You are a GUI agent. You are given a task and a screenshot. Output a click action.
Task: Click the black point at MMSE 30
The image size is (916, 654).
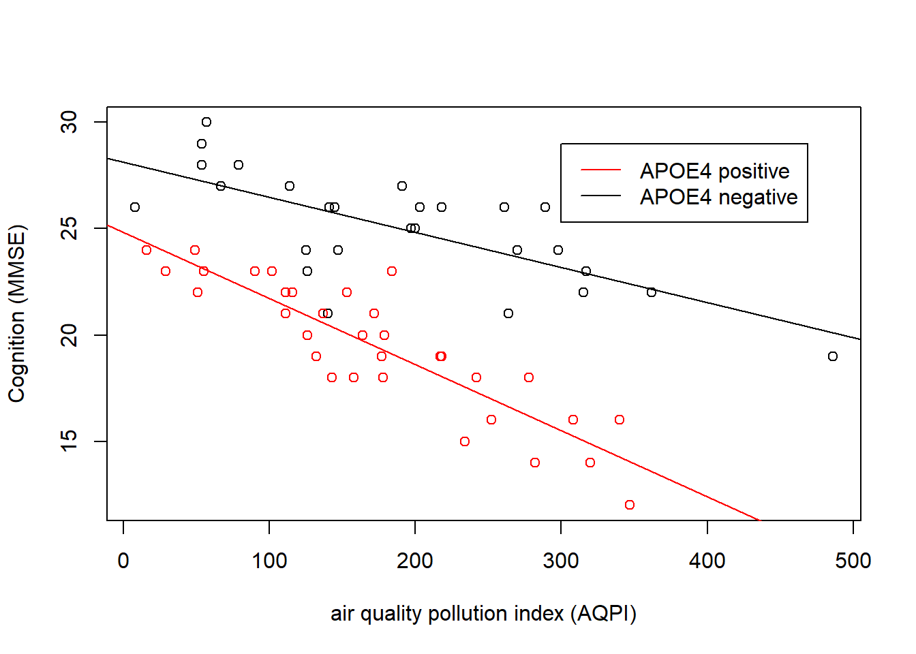[x=207, y=122]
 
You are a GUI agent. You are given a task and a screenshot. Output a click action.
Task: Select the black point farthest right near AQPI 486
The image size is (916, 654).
[x=833, y=356]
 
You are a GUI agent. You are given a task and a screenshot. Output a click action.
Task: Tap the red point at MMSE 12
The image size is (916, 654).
[x=630, y=505]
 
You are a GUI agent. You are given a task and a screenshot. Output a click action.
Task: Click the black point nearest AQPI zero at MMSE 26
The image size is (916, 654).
[x=135, y=207]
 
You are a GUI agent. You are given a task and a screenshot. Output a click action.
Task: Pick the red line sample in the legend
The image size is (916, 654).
[x=600, y=170]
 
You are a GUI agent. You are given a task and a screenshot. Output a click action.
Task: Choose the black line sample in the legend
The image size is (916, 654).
[x=600, y=196]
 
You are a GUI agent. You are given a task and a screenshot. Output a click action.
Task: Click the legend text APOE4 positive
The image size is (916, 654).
[x=714, y=171]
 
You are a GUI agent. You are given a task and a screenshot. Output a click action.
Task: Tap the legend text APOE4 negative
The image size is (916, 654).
[x=718, y=197]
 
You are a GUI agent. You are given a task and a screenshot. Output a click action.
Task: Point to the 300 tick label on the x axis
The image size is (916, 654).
[x=561, y=561]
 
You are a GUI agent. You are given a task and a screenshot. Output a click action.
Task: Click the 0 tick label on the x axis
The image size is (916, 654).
[x=123, y=561]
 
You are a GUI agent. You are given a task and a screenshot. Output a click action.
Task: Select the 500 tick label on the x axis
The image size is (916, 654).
[x=853, y=561]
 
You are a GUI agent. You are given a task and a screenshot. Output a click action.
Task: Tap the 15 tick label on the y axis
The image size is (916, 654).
[x=70, y=441]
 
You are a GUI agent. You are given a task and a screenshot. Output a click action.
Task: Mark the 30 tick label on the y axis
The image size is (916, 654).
[x=70, y=122]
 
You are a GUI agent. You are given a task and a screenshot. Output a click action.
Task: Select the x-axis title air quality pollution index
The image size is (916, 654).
[x=483, y=613]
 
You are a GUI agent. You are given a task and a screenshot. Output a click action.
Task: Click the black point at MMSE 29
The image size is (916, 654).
[x=202, y=144]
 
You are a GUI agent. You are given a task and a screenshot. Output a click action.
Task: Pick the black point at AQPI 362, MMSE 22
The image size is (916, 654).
[x=652, y=292]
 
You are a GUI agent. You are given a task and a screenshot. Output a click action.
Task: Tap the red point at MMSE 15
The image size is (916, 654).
[x=465, y=441]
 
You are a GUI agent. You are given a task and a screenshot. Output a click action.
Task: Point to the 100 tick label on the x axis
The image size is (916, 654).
[x=269, y=561]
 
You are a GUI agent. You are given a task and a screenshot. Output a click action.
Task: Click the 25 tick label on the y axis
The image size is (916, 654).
[x=70, y=228]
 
